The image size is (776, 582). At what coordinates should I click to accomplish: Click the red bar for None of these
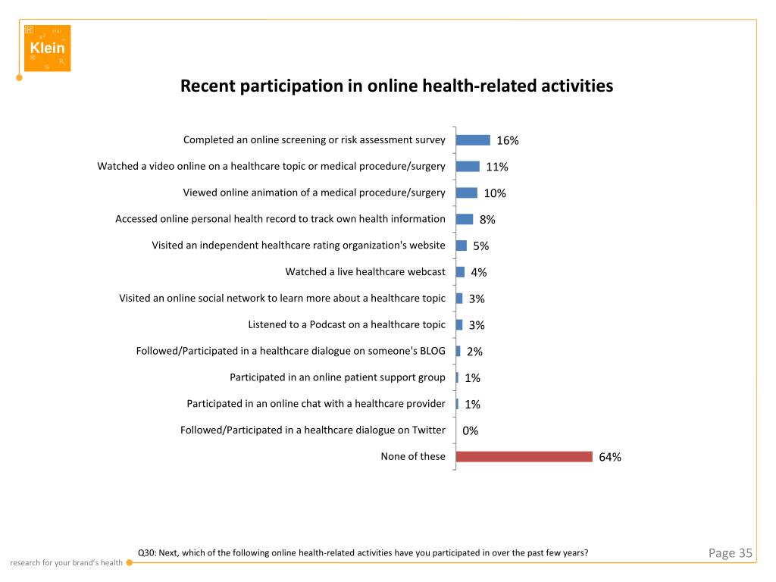[524, 456]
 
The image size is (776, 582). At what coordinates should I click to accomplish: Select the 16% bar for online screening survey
[473, 139]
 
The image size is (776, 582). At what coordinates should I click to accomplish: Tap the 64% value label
[610, 457]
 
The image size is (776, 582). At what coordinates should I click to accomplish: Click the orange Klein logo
[47, 48]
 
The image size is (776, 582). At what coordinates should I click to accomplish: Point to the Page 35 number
[730, 553]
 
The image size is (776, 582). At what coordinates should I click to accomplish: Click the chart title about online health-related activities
[396, 86]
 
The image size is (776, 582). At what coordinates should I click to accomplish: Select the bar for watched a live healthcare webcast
[460, 272]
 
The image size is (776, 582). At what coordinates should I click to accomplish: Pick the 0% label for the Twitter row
[471, 430]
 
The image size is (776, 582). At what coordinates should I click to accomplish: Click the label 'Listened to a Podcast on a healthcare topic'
[346, 324]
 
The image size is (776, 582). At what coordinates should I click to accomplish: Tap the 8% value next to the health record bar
[487, 219]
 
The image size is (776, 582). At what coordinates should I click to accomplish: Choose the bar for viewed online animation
[466, 192]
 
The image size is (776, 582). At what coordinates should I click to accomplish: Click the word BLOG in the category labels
[430, 351]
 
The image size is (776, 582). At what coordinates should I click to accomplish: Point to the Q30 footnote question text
[362, 552]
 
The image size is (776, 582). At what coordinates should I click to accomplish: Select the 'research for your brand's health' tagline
[66, 562]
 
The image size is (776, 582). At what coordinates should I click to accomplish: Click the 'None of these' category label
[413, 456]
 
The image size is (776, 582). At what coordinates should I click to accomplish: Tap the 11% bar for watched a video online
[468, 166]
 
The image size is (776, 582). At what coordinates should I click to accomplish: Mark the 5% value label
[481, 246]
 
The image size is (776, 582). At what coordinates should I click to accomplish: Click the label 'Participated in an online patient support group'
[337, 377]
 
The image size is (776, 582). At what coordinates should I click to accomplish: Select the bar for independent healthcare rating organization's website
[461, 246]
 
